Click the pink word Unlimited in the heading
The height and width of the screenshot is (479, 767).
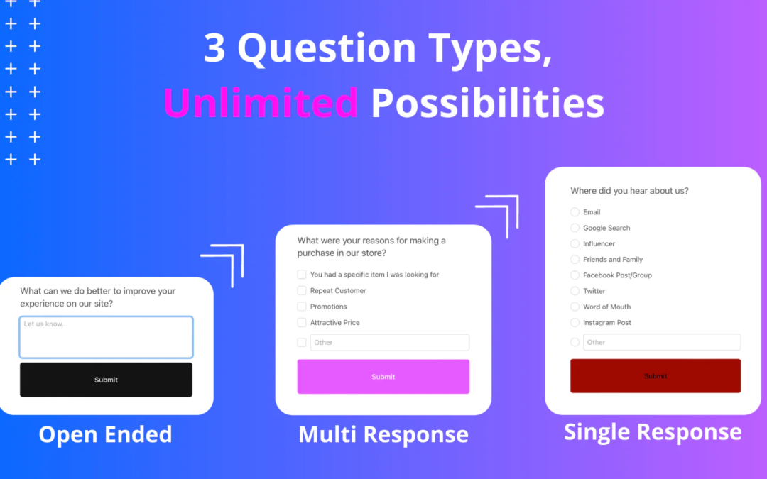pyautogui.click(x=261, y=103)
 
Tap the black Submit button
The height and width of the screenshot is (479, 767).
pyautogui.click(x=106, y=380)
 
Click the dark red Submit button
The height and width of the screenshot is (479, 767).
pyautogui.click(x=656, y=376)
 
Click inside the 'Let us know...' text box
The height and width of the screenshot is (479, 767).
pyautogui.click(x=106, y=337)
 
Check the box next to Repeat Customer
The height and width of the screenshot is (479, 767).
pyautogui.click(x=302, y=291)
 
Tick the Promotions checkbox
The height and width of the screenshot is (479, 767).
pyautogui.click(x=302, y=307)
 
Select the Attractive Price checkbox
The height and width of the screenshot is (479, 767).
pyautogui.click(x=302, y=323)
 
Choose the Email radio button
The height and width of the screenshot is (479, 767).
pyautogui.click(x=575, y=212)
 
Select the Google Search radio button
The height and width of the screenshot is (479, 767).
pyautogui.click(x=575, y=228)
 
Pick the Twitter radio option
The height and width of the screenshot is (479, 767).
pyautogui.click(x=575, y=291)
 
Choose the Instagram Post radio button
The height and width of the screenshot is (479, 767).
pyautogui.click(x=575, y=323)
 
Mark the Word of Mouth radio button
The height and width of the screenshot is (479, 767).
pyautogui.click(x=575, y=307)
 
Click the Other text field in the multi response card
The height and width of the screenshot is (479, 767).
pyautogui.click(x=390, y=342)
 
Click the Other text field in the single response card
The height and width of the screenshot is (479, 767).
pyautogui.click(x=662, y=342)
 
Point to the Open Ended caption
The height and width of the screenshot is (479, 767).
pyautogui.click(x=106, y=434)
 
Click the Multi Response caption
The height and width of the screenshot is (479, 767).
pyautogui.click(x=383, y=434)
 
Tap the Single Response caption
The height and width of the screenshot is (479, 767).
pyautogui.click(x=653, y=432)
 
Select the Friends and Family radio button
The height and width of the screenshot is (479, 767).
pyautogui.click(x=575, y=260)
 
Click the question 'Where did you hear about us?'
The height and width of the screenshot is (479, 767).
pyautogui.click(x=629, y=191)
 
